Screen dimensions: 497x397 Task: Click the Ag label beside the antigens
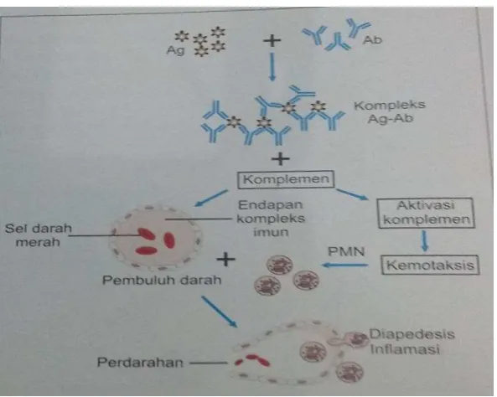(x=175, y=51)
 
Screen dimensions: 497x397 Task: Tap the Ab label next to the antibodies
(x=372, y=40)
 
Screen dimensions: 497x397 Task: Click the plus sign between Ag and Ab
(x=272, y=40)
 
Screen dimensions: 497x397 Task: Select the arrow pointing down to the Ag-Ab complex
(x=272, y=67)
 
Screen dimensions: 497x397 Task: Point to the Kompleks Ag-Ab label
(x=390, y=112)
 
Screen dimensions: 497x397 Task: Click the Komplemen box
(x=286, y=179)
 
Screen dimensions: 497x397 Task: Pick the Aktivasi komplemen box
(x=426, y=213)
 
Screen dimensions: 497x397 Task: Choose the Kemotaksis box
(x=430, y=265)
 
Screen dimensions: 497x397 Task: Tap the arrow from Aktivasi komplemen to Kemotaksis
(x=425, y=241)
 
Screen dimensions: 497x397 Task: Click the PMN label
(x=346, y=251)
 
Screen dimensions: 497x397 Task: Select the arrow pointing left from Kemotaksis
(x=345, y=265)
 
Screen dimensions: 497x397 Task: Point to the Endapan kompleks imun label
(x=271, y=219)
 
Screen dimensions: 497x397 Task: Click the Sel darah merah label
(x=38, y=235)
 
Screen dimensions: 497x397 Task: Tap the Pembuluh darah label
(x=162, y=280)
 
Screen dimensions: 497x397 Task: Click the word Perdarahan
(x=140, y=362)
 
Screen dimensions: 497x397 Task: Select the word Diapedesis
(x=412, y=334)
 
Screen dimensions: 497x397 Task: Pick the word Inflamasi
(x=405, y=349)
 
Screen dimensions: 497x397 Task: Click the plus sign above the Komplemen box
(x=281, y=159)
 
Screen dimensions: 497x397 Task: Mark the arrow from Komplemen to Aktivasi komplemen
(x=353, y=194)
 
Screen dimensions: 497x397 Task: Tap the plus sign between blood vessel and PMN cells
(x=225, y=260)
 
